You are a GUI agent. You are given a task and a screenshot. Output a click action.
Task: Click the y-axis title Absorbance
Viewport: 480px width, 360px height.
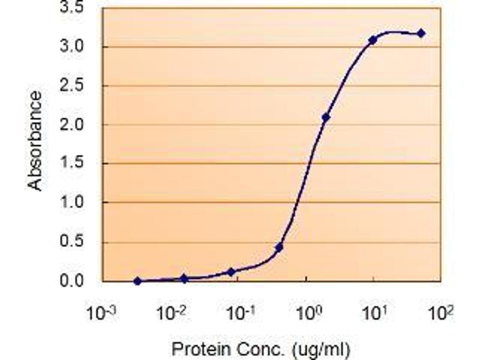(37, 141)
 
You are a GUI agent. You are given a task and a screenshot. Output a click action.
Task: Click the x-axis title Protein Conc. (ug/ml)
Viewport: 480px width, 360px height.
(260, 349)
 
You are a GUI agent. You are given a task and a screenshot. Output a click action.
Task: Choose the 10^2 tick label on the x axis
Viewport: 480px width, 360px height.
(443, 313)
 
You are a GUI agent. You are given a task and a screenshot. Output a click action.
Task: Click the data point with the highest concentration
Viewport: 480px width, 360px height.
(421, 34)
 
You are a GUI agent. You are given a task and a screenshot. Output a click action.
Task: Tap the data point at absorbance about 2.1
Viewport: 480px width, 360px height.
(326, 118)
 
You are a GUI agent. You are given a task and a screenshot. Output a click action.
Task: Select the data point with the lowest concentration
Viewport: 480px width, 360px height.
(137, 281)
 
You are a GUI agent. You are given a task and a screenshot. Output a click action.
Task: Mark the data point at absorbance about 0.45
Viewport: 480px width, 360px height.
(279, 247)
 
